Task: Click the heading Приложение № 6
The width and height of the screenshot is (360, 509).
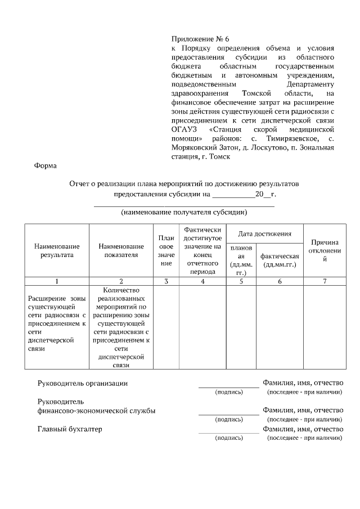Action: [x=201, y=39]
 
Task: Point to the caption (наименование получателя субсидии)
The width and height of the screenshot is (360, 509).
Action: [x=184, y=213]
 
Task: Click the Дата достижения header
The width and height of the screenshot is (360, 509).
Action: [x=264, y=233]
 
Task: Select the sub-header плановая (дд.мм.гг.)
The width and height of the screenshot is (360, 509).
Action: [x=241, y=260]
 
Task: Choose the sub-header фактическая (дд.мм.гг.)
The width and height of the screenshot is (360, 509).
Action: [x=280, y=260]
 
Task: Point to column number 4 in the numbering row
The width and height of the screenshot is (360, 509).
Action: [x=202, y=281]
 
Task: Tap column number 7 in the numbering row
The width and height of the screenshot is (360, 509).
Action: [x=325, y=281]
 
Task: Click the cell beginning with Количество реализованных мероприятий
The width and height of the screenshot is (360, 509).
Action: [x=121, y=327]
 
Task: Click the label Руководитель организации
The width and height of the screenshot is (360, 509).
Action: [x=82, y=384]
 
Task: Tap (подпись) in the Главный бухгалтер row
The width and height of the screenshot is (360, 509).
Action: [x=229, y=437]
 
